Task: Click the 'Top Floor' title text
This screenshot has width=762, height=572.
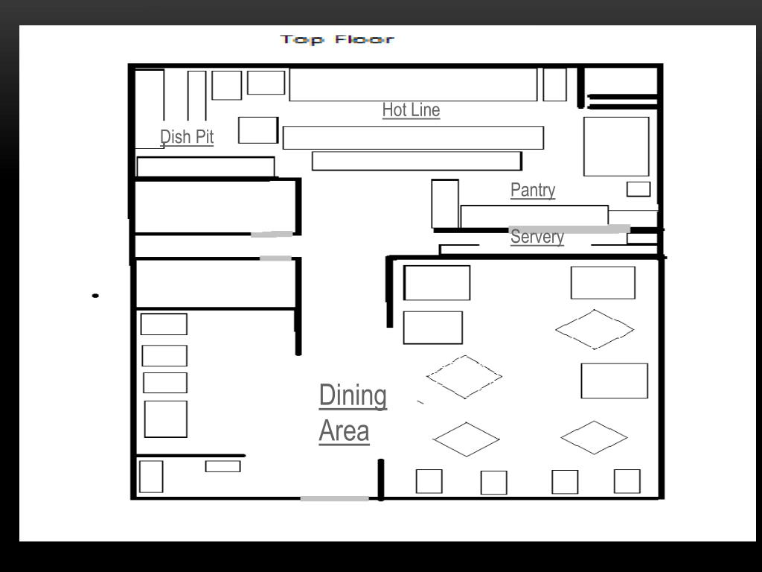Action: click(337, 39)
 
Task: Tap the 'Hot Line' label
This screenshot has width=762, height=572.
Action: click(411, 110)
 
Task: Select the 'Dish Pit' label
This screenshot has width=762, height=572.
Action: click(187, 137)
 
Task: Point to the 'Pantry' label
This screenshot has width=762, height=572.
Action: click(533, 190)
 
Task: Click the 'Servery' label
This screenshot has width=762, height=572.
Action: click(537, 237)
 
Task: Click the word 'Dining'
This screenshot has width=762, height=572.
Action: click(353, 396)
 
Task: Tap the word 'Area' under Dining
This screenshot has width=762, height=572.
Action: click(344, 431)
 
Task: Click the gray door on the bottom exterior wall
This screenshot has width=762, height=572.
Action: click(334, 498)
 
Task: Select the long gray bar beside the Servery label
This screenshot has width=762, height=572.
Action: click(569, 229)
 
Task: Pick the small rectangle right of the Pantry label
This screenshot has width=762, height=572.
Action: click(638, 189)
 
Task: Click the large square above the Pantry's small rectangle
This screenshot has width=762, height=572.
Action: click(616, 147)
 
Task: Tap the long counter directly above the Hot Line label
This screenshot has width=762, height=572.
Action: click(413, 85)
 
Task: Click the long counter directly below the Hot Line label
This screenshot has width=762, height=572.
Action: click(413, 138)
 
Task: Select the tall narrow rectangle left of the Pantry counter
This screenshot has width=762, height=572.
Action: click(445, 204)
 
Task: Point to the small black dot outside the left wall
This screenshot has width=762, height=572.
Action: click(95, 296)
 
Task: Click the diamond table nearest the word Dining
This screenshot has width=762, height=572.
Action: click(464, 377)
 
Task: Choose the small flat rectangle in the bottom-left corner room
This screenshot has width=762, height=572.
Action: click(222, 466)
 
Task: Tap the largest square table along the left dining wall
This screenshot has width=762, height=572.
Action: click(166, 419)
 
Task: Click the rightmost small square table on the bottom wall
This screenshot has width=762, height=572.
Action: click(627, 482)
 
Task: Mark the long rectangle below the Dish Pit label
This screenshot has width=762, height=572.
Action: click(205, 167)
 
